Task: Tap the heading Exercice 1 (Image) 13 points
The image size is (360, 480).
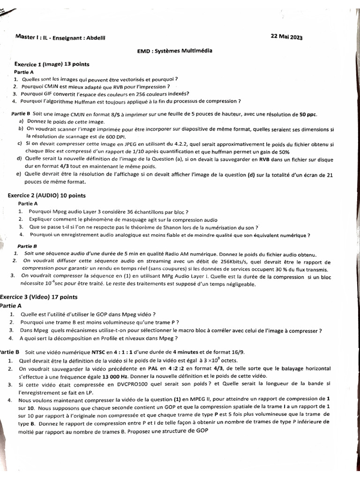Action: click(x=52, y=64)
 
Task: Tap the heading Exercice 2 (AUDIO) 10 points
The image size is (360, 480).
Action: click(x=47, y=195)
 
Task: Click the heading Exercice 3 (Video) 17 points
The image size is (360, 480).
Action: click(x=39, y=297)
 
